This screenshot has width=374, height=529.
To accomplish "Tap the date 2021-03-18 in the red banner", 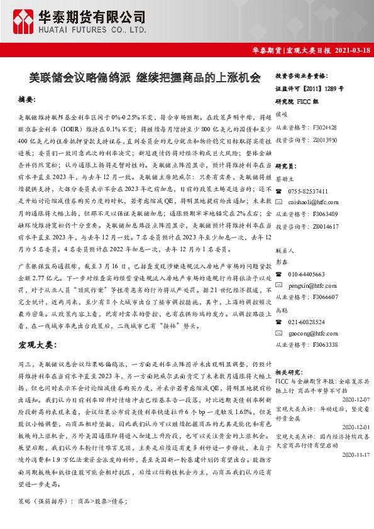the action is tap(348, 50).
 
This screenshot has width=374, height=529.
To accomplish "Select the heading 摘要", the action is tap(27, 100).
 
